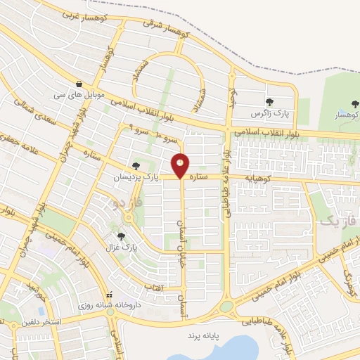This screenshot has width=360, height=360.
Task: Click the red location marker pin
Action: tap(181, 165)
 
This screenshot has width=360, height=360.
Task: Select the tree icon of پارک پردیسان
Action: tap(136, 166)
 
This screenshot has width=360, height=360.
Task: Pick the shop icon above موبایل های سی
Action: tap(79, 83)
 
